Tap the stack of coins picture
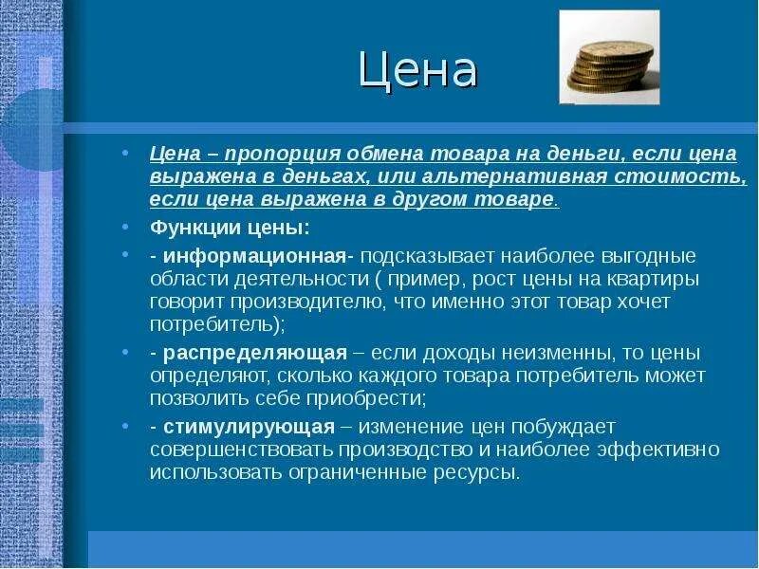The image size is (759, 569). point(609,59)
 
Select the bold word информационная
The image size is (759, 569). point(253,257)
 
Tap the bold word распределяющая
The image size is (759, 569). point(254,353)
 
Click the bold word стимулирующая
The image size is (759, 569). point(249,426)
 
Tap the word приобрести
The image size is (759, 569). point(358,398)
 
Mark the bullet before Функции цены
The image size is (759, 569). point(126,229)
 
